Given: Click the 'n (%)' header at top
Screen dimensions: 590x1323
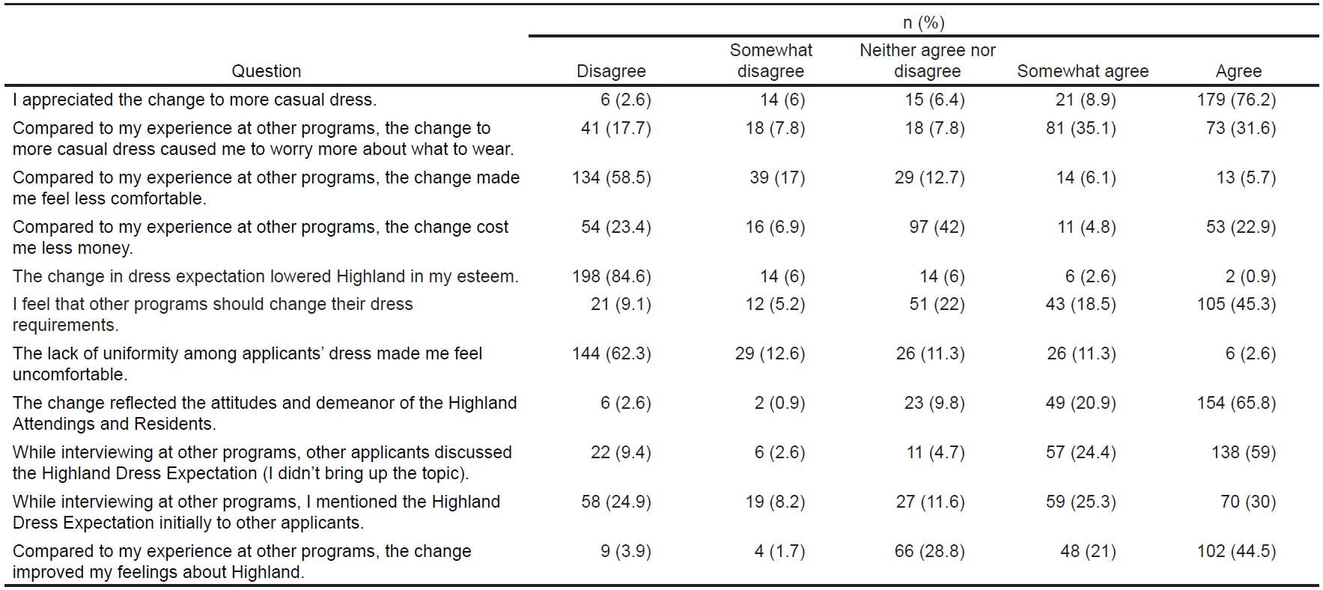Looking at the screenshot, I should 923,23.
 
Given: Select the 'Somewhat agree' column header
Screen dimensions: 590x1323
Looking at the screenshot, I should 1082,71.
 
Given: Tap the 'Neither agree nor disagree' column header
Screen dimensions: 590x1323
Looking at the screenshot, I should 927,61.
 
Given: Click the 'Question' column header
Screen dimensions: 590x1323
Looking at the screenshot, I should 266,71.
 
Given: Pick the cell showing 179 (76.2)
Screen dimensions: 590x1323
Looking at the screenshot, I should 1235,100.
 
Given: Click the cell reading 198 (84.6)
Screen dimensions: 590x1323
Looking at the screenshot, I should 611,276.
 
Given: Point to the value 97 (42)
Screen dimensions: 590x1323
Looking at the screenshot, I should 937,227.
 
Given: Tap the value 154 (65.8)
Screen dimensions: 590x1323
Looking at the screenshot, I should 1235,403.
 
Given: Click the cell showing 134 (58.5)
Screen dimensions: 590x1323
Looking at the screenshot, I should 611,177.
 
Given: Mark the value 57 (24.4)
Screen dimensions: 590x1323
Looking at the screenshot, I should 1080,452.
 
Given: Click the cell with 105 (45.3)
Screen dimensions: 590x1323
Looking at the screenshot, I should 1235,304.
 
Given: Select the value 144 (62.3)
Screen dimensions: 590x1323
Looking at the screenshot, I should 611,353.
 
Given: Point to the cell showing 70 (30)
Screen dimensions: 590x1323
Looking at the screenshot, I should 1247,502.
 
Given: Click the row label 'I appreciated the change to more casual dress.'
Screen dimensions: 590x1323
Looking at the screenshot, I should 195,100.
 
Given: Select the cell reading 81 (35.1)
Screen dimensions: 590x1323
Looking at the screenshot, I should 1080,128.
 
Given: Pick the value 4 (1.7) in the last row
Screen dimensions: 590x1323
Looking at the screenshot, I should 779,551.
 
